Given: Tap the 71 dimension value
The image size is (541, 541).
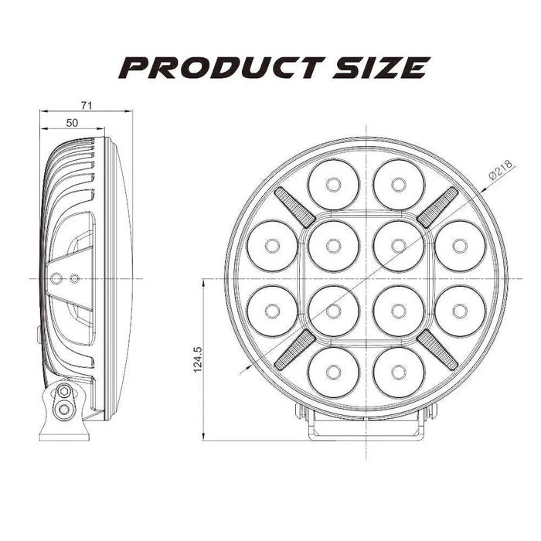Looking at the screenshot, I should click(87, 105).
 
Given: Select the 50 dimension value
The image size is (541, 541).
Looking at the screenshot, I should click(72, 123).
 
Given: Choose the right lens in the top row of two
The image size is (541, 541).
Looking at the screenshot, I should click(398, 184).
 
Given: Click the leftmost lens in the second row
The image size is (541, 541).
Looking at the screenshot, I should click(271, 245).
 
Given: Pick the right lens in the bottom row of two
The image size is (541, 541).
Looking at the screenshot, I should click(398, 372).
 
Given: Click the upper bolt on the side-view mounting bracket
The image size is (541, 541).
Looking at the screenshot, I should click(65, 393).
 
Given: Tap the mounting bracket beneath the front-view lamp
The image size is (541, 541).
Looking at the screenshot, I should click(366, 424).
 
